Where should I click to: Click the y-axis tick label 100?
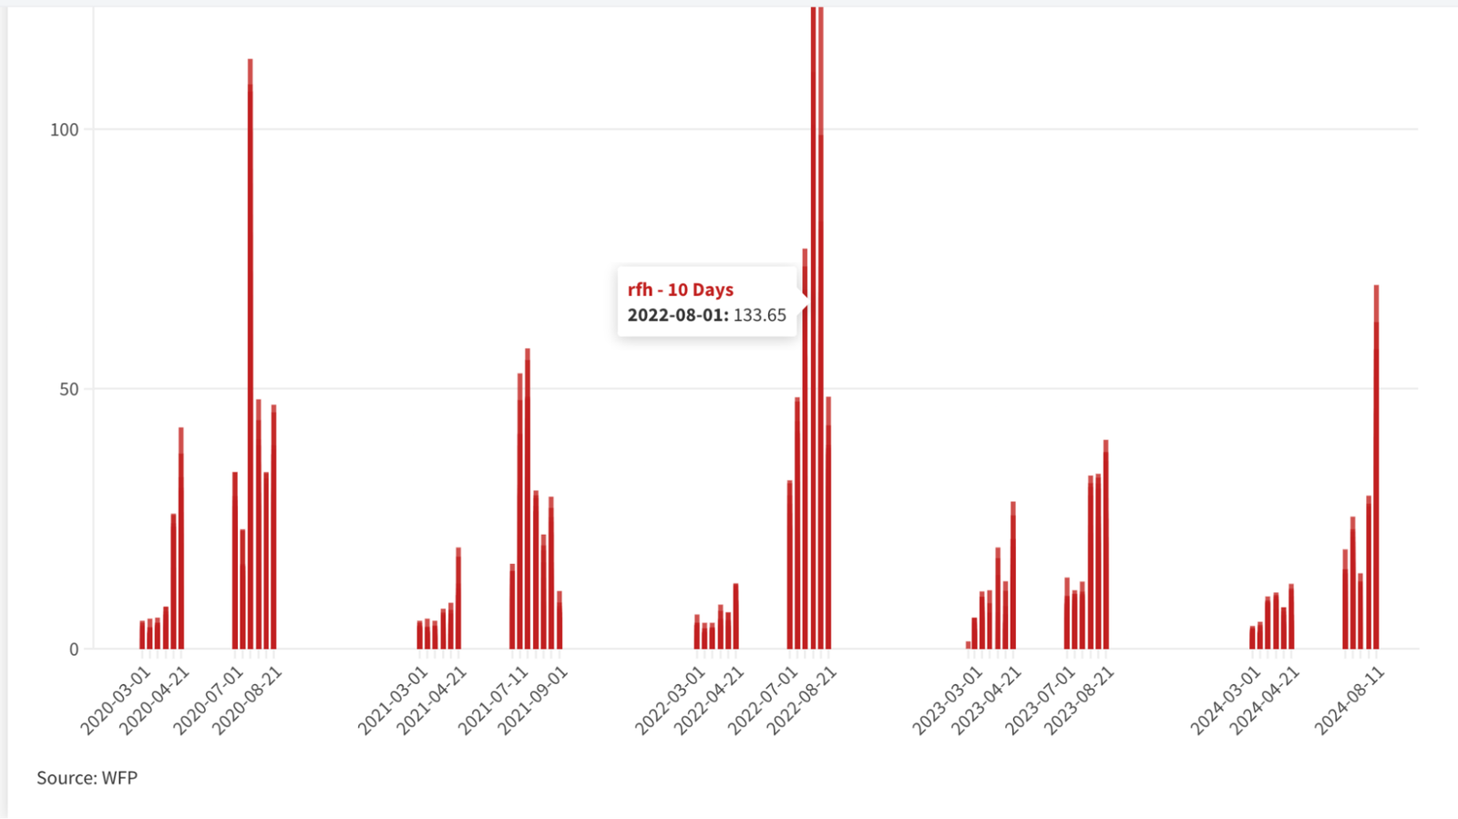pyautogui.click(x=64, y=130)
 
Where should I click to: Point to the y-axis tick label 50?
pyautogui.click(x=68, y=390)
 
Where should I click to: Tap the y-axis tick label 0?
pyautogui.click(x=74, y=650)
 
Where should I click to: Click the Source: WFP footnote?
pyautogui.click(x=87, y=778)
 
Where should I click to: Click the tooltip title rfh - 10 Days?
pyautogui.click(x=680, y=290)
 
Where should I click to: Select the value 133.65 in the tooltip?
pyautogui.click(x=760, y=315)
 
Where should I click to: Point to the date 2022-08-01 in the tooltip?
pyautogui.click(x=678, y=315)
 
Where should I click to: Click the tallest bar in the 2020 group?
pyautogui.click(x=250, y=353)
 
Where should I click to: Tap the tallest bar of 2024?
pyautogui.click(x=1376, y=467)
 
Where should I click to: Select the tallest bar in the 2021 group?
pyautogui.click(x=528, y=499)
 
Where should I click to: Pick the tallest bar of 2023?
pyautogui.click(x=1106, y=545)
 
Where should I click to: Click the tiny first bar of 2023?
pyautogui.click(x=968, y=645)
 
